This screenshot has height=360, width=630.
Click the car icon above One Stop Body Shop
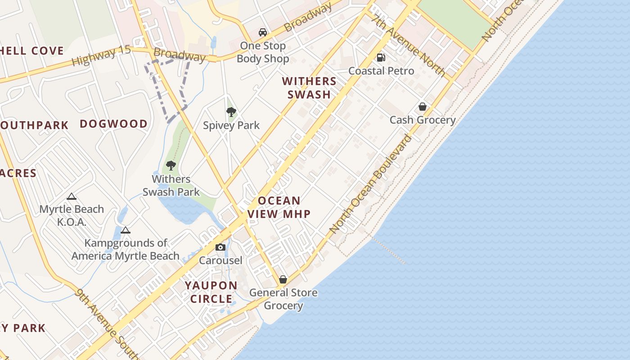click(x=263, y=32)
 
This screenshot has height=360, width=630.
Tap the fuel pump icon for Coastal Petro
click(x=381, y=58)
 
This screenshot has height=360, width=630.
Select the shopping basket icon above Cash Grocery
click(x=422, y=107)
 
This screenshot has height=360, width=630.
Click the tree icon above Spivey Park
click(x=231, y=112)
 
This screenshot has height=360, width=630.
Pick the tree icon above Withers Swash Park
click(x=171, y=166)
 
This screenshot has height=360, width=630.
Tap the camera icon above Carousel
click(x=220, y=247)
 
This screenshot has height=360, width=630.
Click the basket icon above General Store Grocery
click(x=283, y=279)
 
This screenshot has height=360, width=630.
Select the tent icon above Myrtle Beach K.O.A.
click(x=71, y=196)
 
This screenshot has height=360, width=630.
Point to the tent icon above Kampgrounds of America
click(x=126, y=230)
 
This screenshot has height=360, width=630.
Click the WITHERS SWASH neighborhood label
click(x=309, y=88)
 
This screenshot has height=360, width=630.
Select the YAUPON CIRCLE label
click(x=211, y=292)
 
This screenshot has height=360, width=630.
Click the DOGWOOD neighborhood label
click(x=113, y=124)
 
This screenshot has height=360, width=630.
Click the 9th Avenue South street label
click(x=105, y=324)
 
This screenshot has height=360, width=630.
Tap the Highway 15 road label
click(x=101, y=55)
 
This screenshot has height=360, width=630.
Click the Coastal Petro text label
click(x=381, y=71)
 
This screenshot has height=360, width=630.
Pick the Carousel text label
click(x=220, y=260)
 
